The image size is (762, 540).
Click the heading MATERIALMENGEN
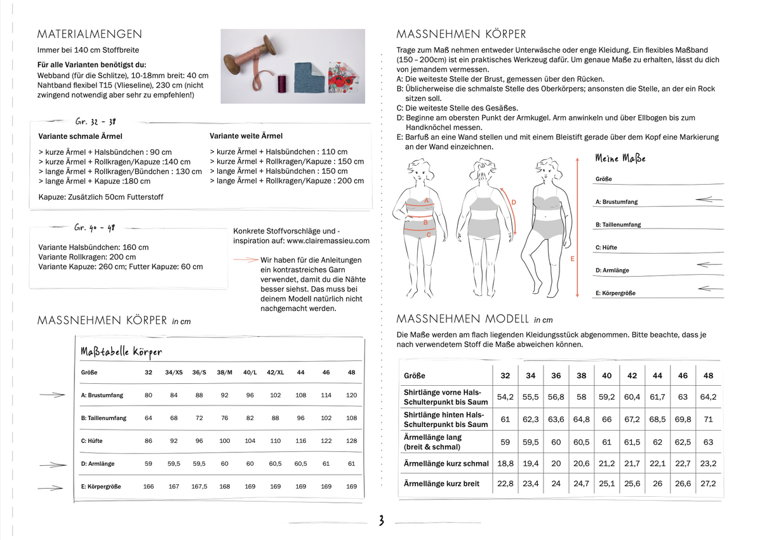pos(90,34)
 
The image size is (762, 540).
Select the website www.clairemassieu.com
pos(328,240)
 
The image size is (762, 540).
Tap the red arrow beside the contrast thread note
pos(246,260)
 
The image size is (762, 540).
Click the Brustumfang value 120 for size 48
pos(351,395)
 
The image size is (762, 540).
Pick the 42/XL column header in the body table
pos(275,372)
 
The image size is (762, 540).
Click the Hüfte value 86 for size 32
pos(149,440)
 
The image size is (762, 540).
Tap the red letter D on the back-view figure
pos(513,202)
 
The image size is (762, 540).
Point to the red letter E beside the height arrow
pos(572,259)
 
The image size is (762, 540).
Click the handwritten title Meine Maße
pos(620,158)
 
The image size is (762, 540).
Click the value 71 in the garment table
pos(708,419)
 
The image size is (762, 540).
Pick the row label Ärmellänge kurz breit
pos(441,484)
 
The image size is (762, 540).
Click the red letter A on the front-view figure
pos(427,201)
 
